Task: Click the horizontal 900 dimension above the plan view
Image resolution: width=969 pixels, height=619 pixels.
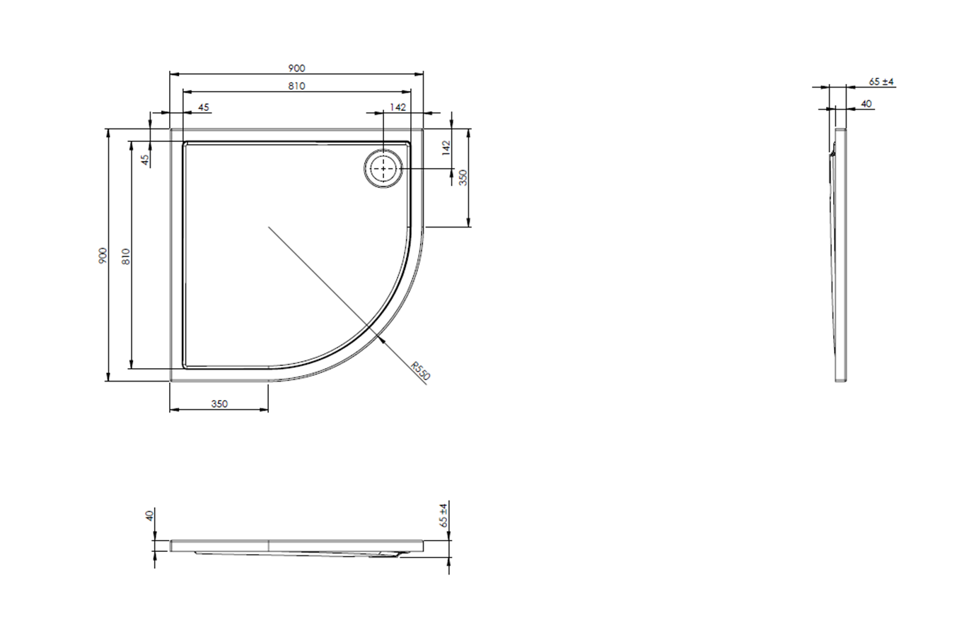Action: tap(296, 69)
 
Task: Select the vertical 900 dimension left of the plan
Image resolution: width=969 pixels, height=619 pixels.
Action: tap(103, 256)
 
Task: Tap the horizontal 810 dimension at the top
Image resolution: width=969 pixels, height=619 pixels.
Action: tap(296, 86)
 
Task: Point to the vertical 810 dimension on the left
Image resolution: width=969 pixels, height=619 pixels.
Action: tap(126, 256)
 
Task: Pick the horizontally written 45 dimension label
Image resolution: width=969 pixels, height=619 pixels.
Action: tap(204, 107)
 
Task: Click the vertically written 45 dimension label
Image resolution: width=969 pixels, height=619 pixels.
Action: tap(145, 160)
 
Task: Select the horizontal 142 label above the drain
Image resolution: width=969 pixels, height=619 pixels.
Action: tap(398, 107)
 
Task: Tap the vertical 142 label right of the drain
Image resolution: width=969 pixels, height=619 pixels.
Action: tap(446, 148)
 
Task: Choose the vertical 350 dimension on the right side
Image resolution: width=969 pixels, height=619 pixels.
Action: tap(464, 177)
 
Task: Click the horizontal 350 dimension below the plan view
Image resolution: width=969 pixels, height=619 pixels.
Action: tap(219, 404)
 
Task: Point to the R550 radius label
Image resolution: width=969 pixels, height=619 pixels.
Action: tap(421, 371)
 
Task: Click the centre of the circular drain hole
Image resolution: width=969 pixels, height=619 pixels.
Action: tap(383, 170)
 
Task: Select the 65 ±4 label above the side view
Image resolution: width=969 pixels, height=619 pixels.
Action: tap(881, 82)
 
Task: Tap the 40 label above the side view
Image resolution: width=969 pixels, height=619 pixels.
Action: tap(866, 104)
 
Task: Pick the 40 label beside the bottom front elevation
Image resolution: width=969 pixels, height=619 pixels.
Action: tap(149, 516)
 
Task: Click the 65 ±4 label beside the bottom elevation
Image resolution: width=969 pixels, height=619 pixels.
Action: tap(443, 515)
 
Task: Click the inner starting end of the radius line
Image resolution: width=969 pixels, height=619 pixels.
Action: tap(269, 227)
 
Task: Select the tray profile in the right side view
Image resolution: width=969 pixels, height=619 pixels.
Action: tap(840, 254)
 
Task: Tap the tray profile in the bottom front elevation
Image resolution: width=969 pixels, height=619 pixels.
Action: tap(297, 547)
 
